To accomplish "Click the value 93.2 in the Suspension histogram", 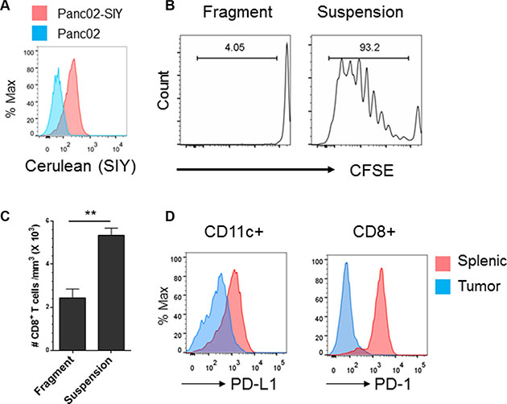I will (369, 46).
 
